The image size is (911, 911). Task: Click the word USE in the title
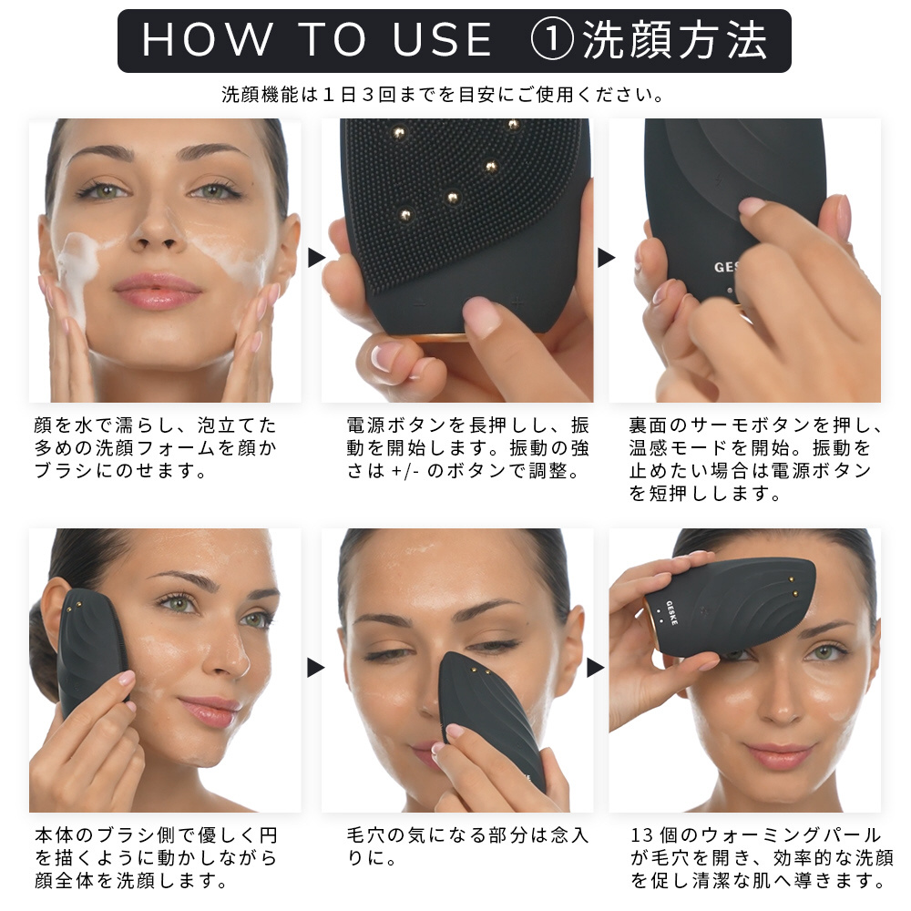click(443, 40)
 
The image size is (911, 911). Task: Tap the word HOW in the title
click(207, 40)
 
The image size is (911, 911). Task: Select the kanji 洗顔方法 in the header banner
click(675, 40)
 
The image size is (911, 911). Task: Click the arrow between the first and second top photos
click(316, 258)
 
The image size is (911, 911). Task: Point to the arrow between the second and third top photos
click(606, 258)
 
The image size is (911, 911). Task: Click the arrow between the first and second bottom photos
click(315, 668)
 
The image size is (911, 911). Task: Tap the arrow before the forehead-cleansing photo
click(596, 668)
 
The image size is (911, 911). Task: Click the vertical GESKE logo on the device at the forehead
click(671, 613)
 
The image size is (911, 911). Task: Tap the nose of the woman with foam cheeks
click(155, 230)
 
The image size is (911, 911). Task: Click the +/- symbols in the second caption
click(405, 471)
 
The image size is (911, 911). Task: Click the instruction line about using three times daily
click(443, 94)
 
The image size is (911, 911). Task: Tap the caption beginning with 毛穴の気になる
click(467, 846)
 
